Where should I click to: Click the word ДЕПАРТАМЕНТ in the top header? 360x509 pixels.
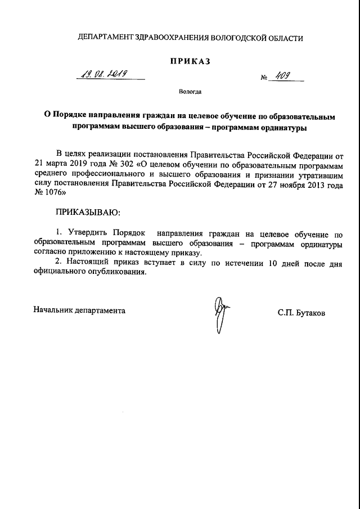pos(105,38)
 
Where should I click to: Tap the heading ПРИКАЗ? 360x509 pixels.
pos(190,61)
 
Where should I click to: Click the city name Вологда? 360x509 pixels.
pos(190,91)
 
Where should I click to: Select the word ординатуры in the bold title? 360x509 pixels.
pos(281,128)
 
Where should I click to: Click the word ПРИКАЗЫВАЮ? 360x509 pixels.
pos(87,213)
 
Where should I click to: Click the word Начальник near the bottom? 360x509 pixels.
pos(55,310)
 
